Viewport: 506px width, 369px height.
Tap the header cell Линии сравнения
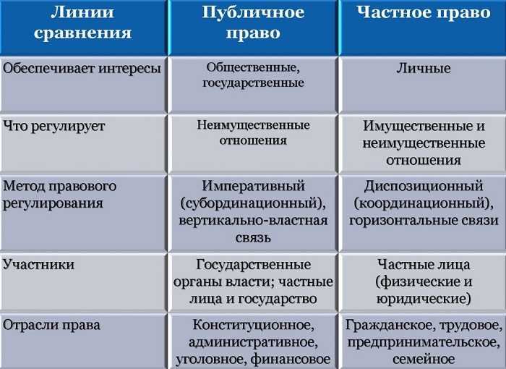click(85, 23)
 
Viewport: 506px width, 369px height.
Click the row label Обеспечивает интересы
click(82, 69)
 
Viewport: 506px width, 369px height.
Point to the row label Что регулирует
click(54, 126)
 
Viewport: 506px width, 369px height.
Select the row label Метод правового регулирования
click(59, 195)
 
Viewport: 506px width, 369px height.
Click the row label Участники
click(39, 265)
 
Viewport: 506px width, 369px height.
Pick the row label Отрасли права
click(51, 325)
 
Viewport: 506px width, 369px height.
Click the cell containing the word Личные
click(424, 69)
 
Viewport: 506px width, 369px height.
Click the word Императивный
click(254, 186)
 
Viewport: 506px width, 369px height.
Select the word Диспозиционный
click(424, 186)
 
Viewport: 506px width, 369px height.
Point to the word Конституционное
click(253, 325)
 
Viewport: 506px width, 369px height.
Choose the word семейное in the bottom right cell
click(424, 359)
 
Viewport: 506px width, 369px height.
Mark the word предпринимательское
click(424, 342)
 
